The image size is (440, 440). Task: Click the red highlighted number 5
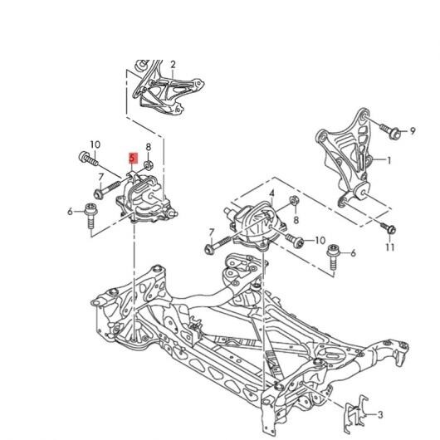[133, 158]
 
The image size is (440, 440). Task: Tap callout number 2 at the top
[173, 65]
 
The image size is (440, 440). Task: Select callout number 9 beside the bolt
[413, 131]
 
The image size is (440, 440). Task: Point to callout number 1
[389, 160]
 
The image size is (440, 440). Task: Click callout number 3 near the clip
[380, 415]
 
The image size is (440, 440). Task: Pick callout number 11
[390, 247]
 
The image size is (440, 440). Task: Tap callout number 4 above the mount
[271, 193]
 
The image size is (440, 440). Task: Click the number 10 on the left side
[95, 144]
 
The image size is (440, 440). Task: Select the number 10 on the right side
[320, 241]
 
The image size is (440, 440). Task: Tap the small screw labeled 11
[389, 227]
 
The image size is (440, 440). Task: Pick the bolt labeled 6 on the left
[90, 216]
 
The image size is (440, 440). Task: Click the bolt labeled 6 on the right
[334, 257]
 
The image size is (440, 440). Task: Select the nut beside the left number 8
[148, 164]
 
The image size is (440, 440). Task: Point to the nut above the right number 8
[295, 200]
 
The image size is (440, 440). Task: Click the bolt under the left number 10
[88, 159]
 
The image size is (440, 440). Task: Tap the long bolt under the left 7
[106, 189]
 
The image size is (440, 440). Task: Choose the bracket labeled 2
[168, 87]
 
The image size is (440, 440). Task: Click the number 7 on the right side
[212, 232]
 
